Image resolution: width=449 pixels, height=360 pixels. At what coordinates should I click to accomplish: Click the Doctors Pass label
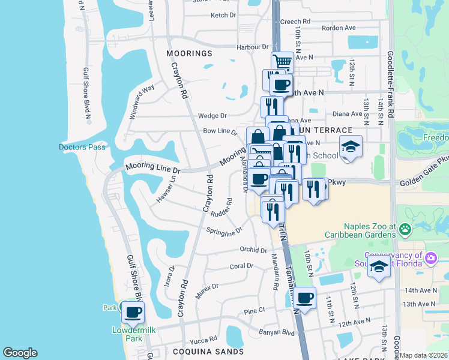point(82,147)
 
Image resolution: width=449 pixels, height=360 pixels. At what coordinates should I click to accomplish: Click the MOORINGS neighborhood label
point(190,53)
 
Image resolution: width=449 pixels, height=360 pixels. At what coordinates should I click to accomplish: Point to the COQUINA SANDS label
point(200,351)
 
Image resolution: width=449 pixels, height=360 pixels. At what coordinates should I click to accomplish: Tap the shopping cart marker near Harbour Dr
point(282,62)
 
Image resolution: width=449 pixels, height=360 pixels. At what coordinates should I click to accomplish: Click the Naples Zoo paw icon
point(406,229)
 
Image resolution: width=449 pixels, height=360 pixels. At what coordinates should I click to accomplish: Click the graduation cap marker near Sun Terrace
point(351,146)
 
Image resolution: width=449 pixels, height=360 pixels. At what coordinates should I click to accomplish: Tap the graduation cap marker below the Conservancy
point(379,268)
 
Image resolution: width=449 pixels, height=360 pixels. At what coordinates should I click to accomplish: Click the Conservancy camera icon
point(430,258)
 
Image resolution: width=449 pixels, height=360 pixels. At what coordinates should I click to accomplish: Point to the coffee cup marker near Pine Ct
point(305,298)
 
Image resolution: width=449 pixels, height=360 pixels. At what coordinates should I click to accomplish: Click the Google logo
point(20,353)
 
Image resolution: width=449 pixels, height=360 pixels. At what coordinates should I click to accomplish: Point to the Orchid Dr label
point(252,250)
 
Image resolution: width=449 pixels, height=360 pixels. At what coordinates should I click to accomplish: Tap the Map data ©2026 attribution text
point(424,355)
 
